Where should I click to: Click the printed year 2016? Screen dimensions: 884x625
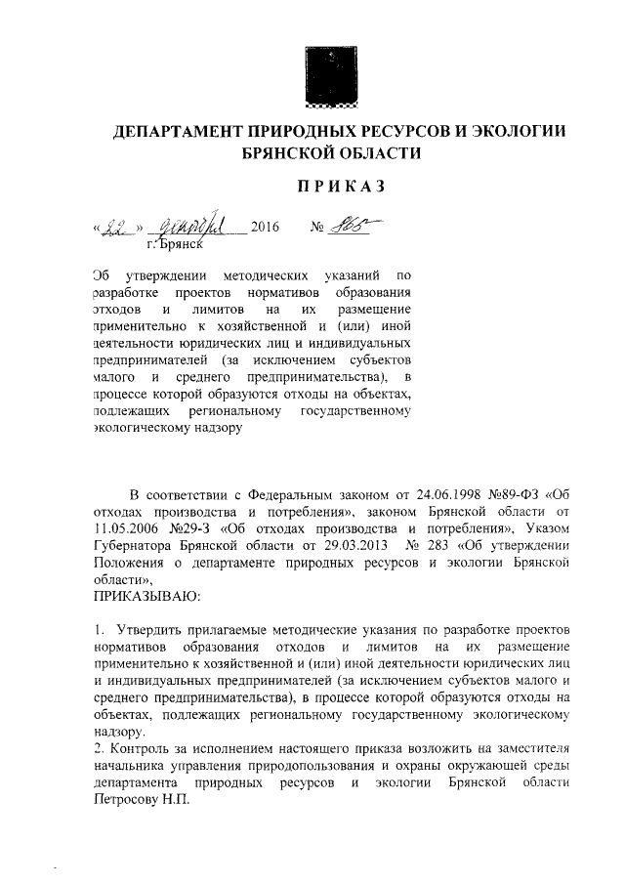coord(265,229)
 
